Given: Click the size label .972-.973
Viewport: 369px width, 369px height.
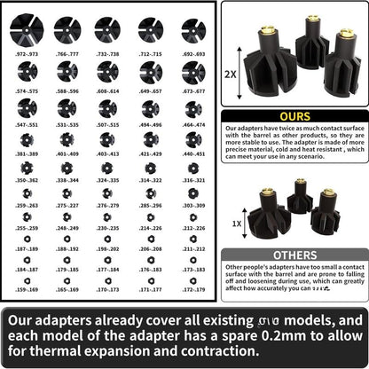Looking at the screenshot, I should pos(27,54).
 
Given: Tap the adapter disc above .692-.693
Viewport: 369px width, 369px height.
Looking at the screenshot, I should pos(192,28).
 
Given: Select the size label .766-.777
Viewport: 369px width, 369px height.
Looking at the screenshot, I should pos(67,54).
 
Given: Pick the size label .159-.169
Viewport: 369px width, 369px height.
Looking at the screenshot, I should pos(27,289).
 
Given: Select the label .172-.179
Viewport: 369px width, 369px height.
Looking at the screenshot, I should pos(192,289).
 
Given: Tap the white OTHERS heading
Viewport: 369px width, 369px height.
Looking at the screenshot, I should pos(294,255).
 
